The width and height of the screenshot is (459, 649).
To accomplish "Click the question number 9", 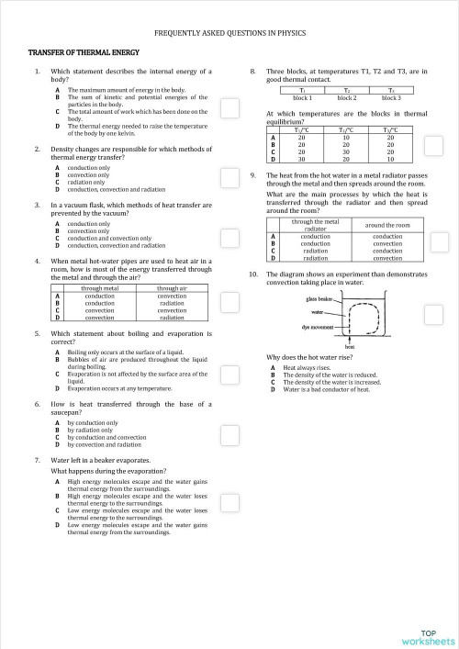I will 252,174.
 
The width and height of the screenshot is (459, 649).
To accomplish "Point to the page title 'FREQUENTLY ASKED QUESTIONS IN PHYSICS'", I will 229,32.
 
